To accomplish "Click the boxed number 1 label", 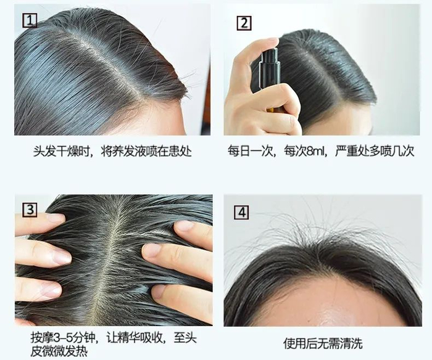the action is coord(30,20).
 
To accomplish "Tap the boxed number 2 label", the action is coord(244,23).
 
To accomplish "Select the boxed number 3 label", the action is coord(30,210).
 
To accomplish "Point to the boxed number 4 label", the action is coord(241,212).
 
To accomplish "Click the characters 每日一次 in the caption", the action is coord(250,152).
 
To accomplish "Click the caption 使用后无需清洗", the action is coord(323,343).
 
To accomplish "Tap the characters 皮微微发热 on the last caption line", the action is coord(59,351).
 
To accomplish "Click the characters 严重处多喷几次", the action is coord(375,152).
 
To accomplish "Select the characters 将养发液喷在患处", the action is coord(146,152).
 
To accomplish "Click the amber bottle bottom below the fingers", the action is coord(273,110).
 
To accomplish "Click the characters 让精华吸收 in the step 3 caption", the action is coord(135,338).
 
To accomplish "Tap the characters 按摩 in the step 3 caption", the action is coord(41,338).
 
